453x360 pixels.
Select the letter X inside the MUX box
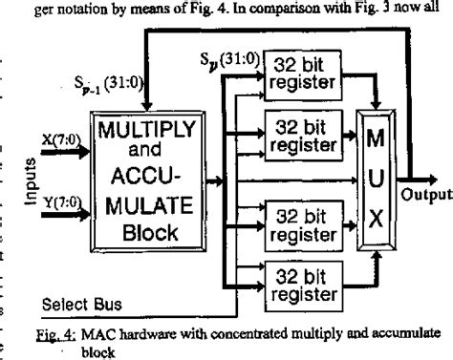(x=374, y=226)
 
